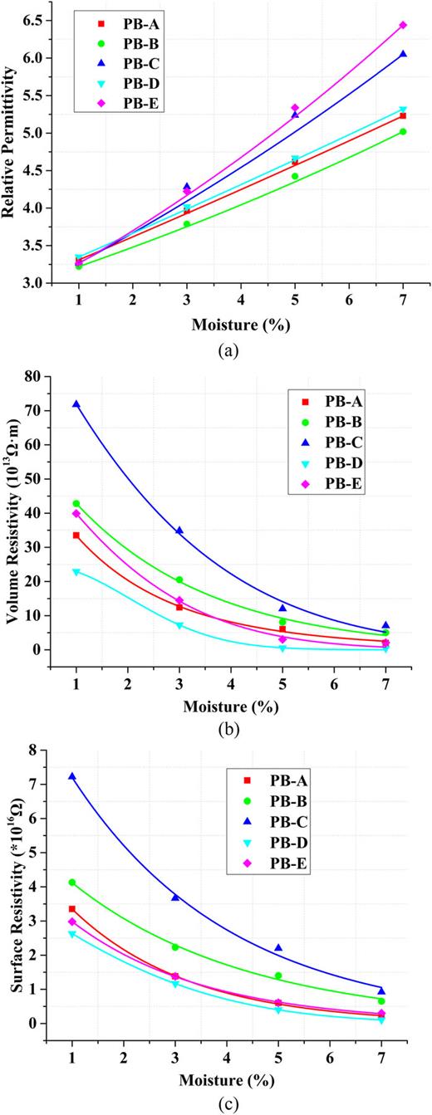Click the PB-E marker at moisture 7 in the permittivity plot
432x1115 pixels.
403,25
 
